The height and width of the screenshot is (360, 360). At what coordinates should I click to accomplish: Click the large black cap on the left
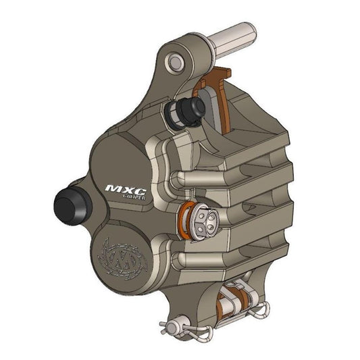(x=68, y=202)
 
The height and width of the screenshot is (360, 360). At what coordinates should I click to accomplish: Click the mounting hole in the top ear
(x=176, y=62)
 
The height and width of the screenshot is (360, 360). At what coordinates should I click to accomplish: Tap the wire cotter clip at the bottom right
(x=260, y=311)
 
